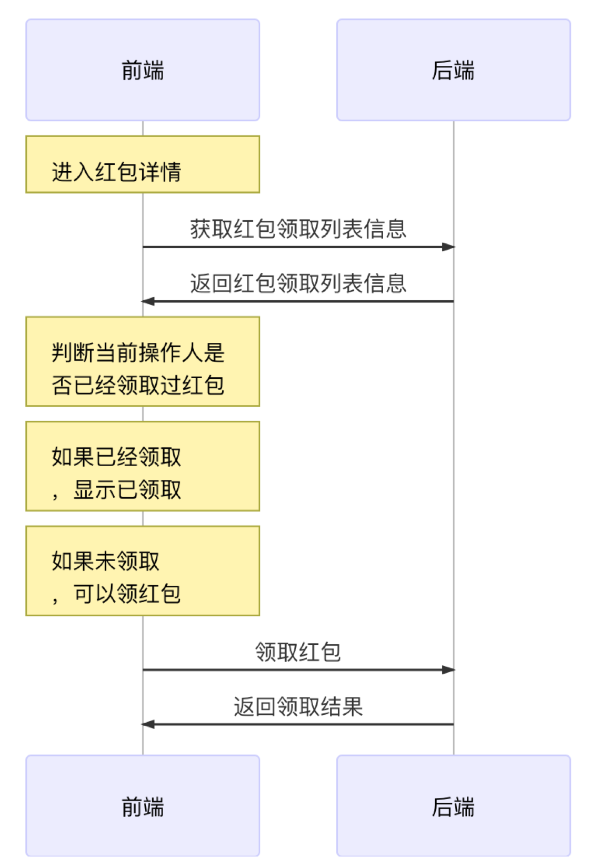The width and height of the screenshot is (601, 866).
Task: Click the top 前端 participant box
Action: tap(143, 70)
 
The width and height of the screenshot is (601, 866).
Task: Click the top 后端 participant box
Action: tap(454, 70)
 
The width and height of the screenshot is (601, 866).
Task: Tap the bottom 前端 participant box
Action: tap(143, 806)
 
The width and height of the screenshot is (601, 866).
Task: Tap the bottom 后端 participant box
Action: tap(454, 806)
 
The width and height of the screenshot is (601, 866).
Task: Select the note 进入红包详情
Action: tap(143, 164)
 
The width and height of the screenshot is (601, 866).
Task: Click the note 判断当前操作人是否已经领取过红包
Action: tap(143, 361)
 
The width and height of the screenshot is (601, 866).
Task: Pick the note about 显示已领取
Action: tap(143, 466)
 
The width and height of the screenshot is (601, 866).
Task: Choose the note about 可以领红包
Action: tap(143, 570)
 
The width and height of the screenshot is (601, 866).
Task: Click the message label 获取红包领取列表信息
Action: tap(298, 229)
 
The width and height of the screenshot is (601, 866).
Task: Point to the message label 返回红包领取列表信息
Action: tap(298, 283)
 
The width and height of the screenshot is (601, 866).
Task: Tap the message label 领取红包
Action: tap(298, 652)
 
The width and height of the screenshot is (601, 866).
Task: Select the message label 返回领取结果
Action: tap(298, 706)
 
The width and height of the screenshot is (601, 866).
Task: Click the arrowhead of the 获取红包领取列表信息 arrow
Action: tap(449, 247)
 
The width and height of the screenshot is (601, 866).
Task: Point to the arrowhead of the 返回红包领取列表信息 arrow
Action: tap(148, 301)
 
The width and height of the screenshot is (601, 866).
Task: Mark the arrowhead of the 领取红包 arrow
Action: tap(449, 670)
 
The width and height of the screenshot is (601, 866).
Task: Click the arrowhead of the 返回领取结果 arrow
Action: tap(148, 724)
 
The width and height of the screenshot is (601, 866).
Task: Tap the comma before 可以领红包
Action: tap(55, 599)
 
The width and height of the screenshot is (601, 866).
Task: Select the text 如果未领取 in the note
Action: tap(105, 561)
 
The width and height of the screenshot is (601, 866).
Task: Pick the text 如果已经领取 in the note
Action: tap(116, 457)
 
